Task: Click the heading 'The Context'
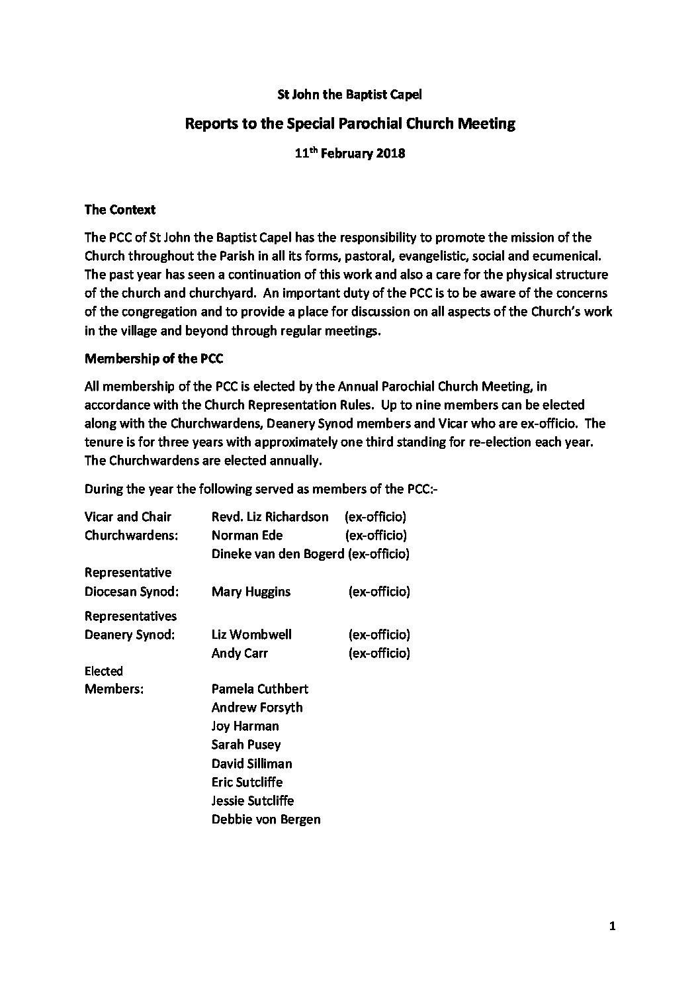(120, 210)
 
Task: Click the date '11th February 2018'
(349, 154)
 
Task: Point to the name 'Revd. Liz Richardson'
(269, 516)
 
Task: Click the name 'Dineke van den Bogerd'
(279, 553)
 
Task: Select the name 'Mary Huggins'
(251, 591)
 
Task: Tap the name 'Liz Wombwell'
(251, 634)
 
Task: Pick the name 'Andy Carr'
(240, 653)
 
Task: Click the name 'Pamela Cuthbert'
(259, 688)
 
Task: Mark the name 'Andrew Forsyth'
(257, 707)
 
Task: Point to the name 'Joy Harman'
(245, 726)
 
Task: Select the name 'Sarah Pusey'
(245, 744)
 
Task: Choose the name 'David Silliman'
(251, 763)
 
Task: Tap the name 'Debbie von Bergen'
(266, 819)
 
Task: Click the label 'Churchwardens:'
(131, 535)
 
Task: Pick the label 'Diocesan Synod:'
(132, 591)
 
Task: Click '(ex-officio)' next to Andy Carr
(379, 653)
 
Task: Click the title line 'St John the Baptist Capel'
(349, 94)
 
